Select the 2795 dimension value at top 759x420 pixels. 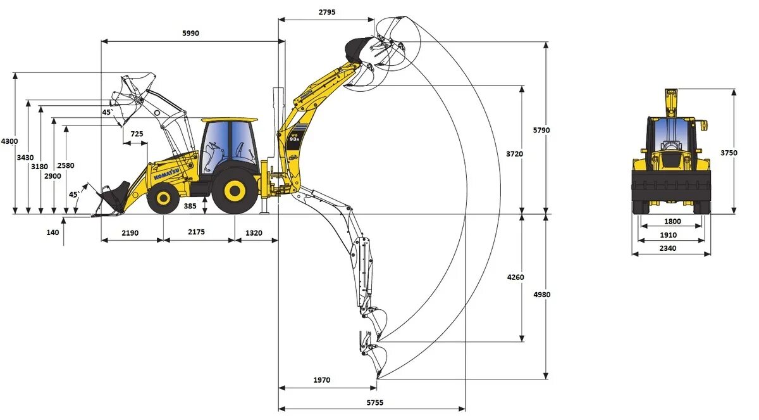click(327, 12)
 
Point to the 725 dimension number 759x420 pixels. click(137, 134)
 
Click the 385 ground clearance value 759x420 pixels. click(190, 206)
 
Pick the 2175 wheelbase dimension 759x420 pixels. click(197, 232)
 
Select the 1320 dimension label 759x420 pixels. click(254, 232)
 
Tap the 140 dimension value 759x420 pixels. click(52, 232)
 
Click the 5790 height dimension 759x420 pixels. click(541, 130)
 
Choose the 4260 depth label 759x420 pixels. click(515, 277)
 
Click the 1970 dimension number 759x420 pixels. click(321, 380)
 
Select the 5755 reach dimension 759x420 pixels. click(374, 402)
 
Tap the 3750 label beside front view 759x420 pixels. click(729, 152)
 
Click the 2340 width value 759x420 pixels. click(668, 248)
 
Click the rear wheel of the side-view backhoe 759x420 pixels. click(235, 189)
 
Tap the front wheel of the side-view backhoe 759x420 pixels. click(163, 199)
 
